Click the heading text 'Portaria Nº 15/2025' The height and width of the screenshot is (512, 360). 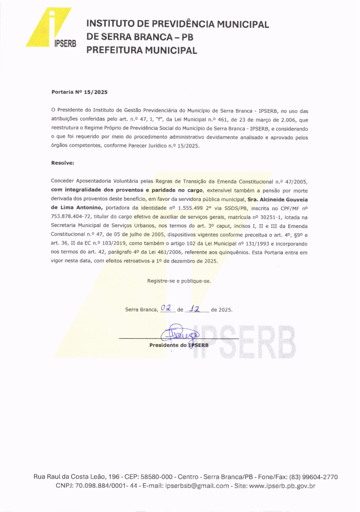click(80, 92)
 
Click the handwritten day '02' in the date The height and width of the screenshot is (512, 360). click(166, 308)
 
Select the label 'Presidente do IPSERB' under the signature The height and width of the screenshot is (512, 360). click(179, 345)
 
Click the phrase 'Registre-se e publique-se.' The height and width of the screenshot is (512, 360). click(179, 281)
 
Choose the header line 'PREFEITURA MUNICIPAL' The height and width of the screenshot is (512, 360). click(142, 50)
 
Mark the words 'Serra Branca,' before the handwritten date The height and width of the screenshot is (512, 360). click(142, 310)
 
